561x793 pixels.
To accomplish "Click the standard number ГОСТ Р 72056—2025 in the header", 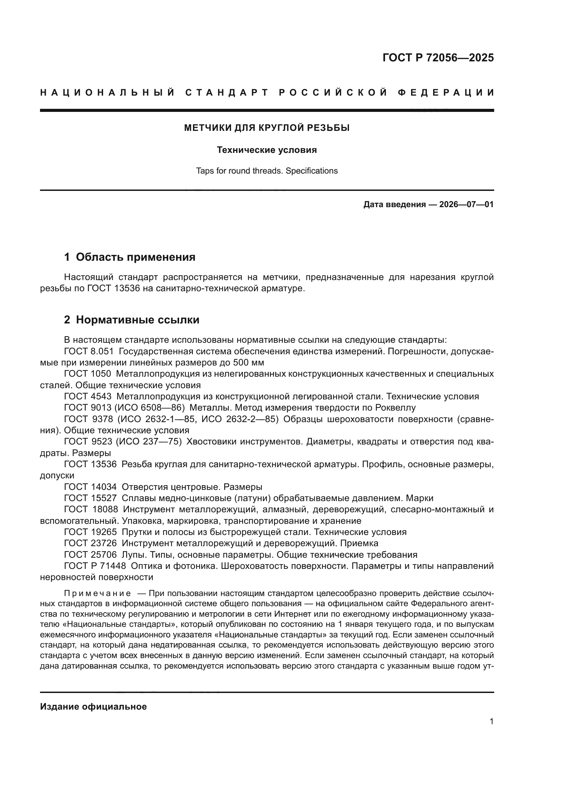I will (438, 58).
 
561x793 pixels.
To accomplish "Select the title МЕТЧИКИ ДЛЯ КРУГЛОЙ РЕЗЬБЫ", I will (267, 128).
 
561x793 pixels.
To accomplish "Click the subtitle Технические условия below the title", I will (267, 150).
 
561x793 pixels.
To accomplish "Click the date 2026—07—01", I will (466, 204).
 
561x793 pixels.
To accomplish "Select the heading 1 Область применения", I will (130, 257).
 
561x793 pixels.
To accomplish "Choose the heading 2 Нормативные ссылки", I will (132, 320).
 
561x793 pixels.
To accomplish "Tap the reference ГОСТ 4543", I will (88, 397).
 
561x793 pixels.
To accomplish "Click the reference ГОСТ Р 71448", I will (95, 566).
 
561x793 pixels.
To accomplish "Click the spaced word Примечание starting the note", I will (97, 594).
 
